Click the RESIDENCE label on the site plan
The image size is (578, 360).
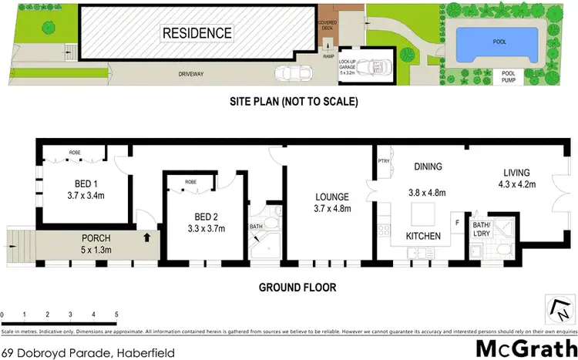coord(197,33)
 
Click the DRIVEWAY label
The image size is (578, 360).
coord(173,74)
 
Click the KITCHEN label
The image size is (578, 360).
coord(422,235)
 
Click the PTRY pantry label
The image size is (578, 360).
coord(383,161)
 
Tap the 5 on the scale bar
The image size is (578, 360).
coord(116,315)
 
